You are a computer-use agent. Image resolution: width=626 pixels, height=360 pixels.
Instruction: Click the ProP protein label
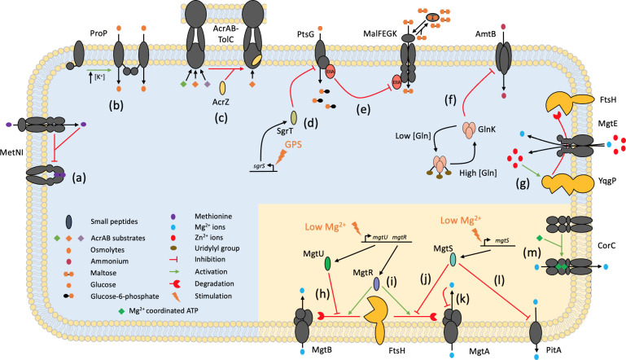98,33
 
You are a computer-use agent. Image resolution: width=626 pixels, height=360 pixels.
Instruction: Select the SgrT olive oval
293,118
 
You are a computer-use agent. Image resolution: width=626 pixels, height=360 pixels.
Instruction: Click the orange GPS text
293,144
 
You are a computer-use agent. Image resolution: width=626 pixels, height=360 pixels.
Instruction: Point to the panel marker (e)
363,109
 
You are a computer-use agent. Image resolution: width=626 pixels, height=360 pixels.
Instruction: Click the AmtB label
485,34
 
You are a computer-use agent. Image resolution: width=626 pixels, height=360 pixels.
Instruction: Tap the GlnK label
487,130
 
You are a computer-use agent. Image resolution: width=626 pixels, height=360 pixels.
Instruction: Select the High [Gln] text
478,173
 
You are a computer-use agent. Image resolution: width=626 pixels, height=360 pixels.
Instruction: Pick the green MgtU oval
328,264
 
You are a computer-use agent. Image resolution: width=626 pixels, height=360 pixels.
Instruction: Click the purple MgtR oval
376,283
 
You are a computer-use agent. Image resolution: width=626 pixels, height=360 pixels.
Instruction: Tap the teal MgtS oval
453,260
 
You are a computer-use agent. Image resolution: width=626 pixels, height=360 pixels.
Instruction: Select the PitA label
554,350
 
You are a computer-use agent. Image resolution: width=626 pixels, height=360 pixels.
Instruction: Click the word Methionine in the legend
213,216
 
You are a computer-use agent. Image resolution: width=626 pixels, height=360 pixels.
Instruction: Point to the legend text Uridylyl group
217,248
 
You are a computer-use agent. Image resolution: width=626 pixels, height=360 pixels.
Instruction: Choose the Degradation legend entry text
214,283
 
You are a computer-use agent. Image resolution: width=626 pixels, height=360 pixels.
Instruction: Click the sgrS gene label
259,165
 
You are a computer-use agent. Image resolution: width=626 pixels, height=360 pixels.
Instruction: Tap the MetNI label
11,152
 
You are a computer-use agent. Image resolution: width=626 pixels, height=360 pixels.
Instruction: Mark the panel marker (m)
532,252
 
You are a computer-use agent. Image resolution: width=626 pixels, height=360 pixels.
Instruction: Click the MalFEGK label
380,34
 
